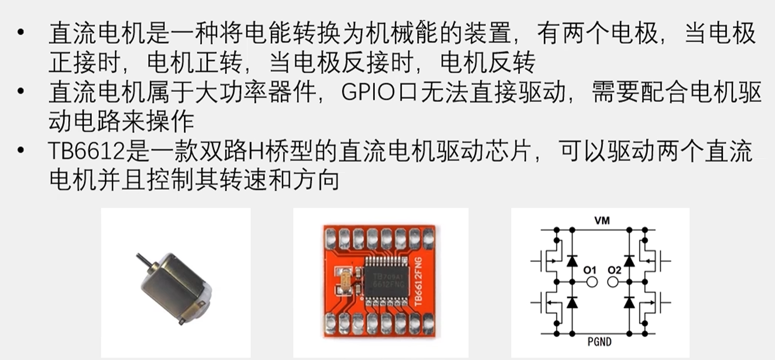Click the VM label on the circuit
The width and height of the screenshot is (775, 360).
(x=601, y=220)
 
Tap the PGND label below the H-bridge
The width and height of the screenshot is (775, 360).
(x=599, y=343)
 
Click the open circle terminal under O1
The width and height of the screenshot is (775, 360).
(x=592, y=282)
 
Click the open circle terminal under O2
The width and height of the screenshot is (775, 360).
(x=613, y=282)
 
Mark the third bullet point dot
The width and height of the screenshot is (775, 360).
(x=20, y=152)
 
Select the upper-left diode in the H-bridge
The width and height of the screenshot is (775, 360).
(x=571, y=261)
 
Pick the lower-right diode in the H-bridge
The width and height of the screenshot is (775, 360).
(x=628, y=302)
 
